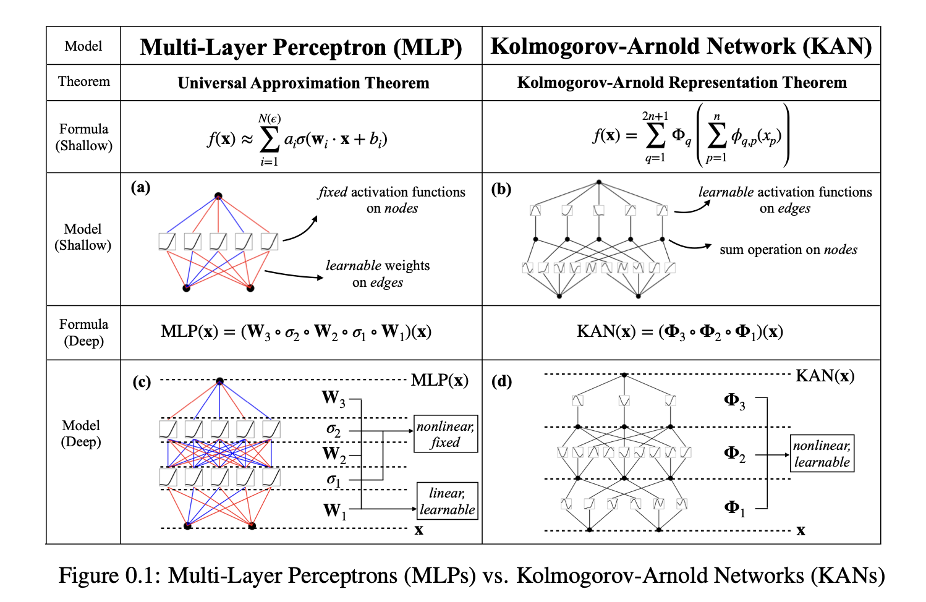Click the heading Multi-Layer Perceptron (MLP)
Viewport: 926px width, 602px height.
[301, 47]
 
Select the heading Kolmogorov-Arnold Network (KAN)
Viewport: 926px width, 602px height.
[681, 46]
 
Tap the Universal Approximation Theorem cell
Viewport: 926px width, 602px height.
[303, 83]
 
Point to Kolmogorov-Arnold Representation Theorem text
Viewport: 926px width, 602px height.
[682, 82]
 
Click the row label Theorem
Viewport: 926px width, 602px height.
[84, 82]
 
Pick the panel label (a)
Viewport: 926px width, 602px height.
[140, 187]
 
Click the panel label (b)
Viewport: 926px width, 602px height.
[501, 189]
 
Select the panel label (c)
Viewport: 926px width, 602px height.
[142, 382]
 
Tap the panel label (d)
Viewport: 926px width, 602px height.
[501, 381]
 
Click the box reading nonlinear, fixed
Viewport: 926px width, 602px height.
[446, 434]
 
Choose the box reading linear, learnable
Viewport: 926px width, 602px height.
[447, 501]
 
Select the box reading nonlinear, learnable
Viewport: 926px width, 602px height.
[822, 454]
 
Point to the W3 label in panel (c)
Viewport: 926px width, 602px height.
[333, 398]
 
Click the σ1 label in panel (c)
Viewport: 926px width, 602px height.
[333, 479]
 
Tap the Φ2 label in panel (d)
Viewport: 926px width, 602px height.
[734, 454]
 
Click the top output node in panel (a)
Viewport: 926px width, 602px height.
[218, 197]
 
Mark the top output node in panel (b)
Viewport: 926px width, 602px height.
[598, 182]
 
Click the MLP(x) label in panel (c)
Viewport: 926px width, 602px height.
[440, 380]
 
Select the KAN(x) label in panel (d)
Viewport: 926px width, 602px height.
[825, 375]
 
